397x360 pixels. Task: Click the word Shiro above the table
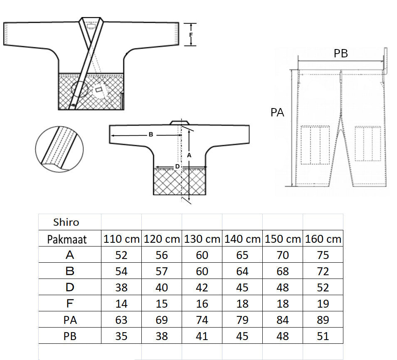click(x=66, y=222)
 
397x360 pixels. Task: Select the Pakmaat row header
click(x=67, y=239)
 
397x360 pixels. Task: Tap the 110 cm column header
click(x=121, y=239)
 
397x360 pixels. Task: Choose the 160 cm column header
click(x=323, y=239)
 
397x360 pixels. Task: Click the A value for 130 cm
click(x=202, y=255)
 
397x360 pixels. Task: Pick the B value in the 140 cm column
click(x=242, y=271)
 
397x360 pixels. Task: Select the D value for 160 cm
click(x=323, y=288)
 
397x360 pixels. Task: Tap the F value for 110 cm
click(x=121, y=304)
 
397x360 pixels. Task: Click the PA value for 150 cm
click(x=283, y=320)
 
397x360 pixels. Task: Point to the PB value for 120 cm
click(x=162, y=336)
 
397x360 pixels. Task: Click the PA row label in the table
click(x=70, y=320)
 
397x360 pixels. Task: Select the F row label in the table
click(x=70, y=303)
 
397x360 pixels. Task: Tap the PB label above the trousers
click(x=340, y=53)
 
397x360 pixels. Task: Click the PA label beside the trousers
click(x=277, y=112)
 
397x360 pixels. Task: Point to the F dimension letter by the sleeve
click(x=191, y=35)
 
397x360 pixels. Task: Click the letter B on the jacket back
click(x=151, y=134)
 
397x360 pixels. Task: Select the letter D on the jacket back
click(x=177, y=166)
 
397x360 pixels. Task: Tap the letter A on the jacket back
click(x=189, y=155)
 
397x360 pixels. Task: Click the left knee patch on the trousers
click(x=315, y=145)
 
